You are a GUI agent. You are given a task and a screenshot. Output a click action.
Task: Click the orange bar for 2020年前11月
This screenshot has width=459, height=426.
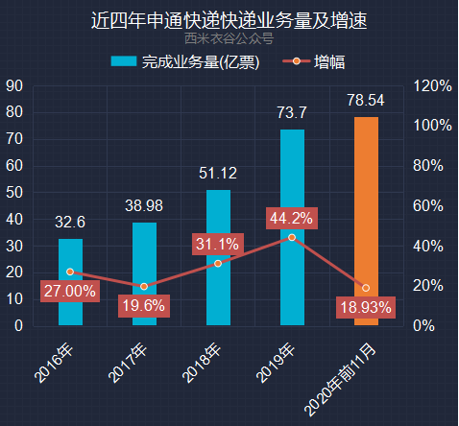point(366,221)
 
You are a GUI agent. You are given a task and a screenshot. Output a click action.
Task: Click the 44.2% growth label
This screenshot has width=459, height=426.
point(291,219)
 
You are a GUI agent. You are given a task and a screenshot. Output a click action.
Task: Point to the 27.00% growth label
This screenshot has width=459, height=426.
point(69,290)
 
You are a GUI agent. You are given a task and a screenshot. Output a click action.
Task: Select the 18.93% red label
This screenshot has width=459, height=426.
point(365,307)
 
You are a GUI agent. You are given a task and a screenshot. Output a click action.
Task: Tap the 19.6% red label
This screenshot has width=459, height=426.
point(143,306)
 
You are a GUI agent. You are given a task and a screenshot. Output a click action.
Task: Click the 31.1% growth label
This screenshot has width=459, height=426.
point(218,244)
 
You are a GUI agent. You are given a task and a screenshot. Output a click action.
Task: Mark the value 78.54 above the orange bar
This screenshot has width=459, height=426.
point(366,100)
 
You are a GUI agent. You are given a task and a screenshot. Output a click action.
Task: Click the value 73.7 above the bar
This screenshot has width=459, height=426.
point(292,113)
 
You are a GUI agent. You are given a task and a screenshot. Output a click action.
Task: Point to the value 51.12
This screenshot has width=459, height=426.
point(218,174)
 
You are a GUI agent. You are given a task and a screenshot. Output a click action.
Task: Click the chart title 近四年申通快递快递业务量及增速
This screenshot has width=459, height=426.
point(229,19)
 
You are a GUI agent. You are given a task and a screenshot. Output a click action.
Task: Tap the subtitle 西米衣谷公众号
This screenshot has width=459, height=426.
point(229,39)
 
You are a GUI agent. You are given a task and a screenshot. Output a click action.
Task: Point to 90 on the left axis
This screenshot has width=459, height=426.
point(14,85)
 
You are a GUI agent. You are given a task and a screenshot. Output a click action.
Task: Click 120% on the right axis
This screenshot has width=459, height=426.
point(432,85)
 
